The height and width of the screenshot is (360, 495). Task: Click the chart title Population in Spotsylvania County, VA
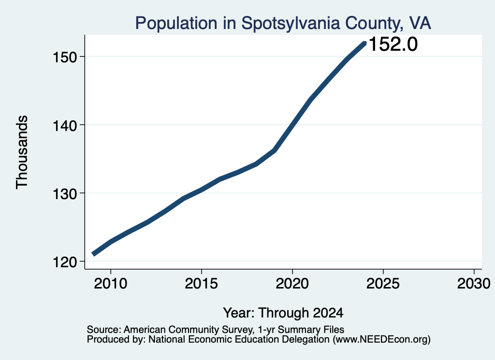[x=283, y=23]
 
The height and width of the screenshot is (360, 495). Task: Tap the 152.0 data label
[x=393, y=44]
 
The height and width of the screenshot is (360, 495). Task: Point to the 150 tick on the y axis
[x=65, y=58]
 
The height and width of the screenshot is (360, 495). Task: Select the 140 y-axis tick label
[x=65, y=126]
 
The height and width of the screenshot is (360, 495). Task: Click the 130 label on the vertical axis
[x=65, y=194]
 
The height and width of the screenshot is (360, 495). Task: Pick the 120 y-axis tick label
[x=65, y=262]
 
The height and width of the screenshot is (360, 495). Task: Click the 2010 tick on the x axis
[x=111, y=283]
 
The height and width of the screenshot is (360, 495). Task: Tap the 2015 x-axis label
[x=202, y=283]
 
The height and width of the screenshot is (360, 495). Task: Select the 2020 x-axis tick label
[x=292, y=283]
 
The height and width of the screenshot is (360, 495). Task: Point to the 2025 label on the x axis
[x=383, y=283]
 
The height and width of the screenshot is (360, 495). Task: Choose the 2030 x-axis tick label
[x=474, y=283]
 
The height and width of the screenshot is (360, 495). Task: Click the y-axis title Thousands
[x=22, y=152]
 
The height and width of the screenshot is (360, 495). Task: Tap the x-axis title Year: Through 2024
[x=283, y=313]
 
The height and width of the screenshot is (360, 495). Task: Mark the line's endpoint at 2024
[x=364, y=43]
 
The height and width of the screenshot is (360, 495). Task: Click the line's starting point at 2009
[x=93, y=254]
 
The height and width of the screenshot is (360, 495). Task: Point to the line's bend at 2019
[x=275, y=150]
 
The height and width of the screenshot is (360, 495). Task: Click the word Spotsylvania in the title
[x=291, y=23]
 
